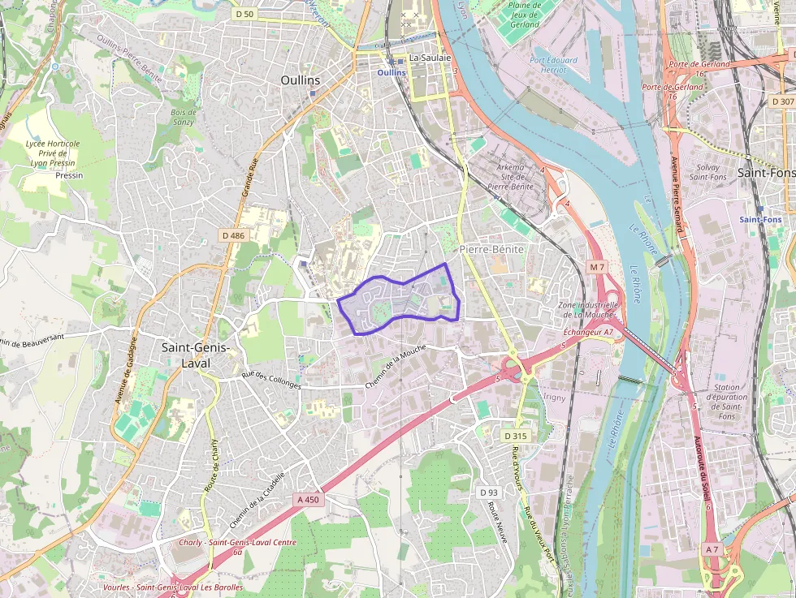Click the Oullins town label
pos(300,80)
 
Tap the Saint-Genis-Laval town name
pos(196,355)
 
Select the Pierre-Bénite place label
pos(491,249)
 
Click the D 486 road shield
pos(232,235)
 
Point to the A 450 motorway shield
pos(309,500)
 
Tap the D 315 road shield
pos(515,436)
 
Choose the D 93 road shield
pos(488,493)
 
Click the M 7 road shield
pos(597,267)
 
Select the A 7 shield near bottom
pos(712,549)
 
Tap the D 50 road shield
pos(244,14)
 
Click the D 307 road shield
pos(782,101)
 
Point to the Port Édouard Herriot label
pos(553,65)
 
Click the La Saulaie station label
pos(430,58)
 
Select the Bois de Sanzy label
pos(184,117)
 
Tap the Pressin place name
pos(69,174)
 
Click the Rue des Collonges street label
pos(271,381)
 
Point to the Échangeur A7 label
pos(588,333)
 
